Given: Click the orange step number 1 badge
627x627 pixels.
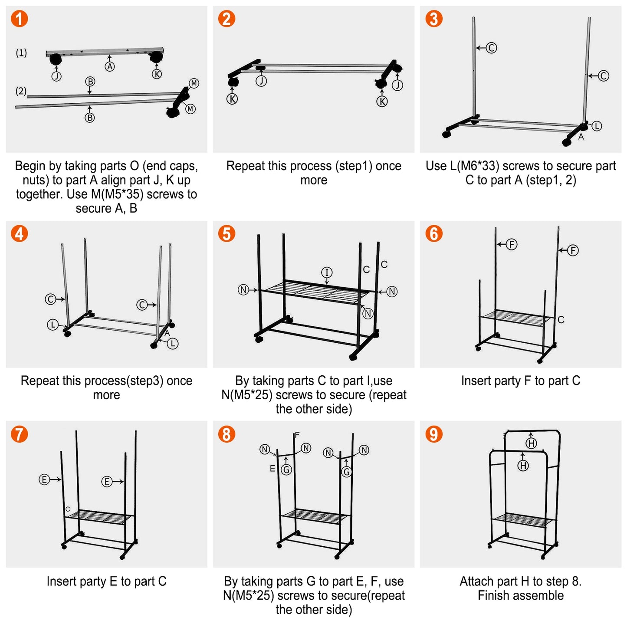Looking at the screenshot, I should pos(20,19).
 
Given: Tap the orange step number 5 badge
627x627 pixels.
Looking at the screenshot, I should pos(227,233).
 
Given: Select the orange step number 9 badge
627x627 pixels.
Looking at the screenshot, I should pos(434,434).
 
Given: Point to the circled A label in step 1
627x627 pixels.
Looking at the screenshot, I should pos(110,66).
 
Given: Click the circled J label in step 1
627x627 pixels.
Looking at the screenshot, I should pos(56,76).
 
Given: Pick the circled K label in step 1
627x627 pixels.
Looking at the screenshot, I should pos(157,74).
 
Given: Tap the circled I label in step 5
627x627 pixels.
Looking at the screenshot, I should pos(327,272).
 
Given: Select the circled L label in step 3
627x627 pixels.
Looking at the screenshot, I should pos(597,126).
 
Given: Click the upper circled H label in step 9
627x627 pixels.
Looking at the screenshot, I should pos(532,443).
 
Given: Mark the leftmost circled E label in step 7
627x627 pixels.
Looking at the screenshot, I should pos(44,479).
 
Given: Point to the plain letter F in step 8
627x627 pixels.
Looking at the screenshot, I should pos(297,435).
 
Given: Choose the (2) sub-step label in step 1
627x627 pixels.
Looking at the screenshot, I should pos(21,91).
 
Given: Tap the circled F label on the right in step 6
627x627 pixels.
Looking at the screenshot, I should pos(573,250).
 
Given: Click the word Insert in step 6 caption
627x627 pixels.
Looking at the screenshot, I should pos(476,381).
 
